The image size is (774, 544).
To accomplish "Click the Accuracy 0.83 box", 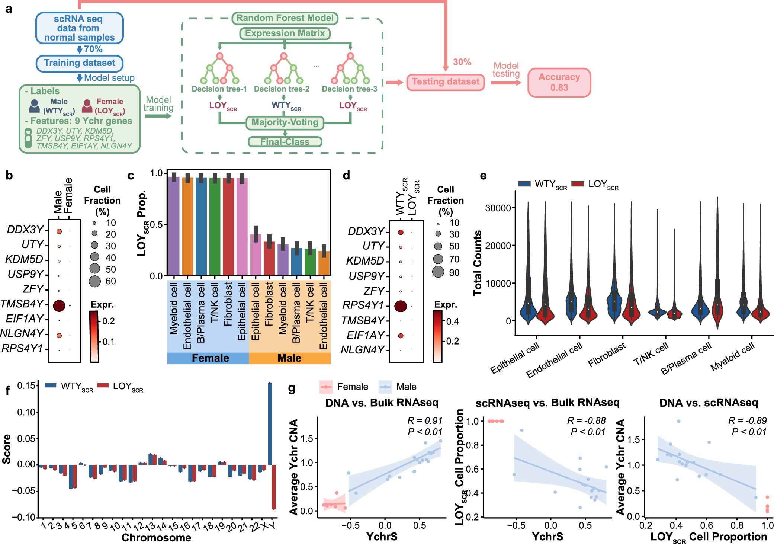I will tap(559, 83).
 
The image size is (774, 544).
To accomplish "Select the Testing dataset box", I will tap(445, 82).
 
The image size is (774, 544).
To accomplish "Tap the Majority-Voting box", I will tap(285, 122).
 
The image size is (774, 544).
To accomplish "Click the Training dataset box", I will tap(80, 63).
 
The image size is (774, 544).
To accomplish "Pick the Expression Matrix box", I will tap(285, 33).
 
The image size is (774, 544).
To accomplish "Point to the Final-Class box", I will tap(285, 142).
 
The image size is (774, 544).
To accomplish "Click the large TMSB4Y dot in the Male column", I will tap(59, 306).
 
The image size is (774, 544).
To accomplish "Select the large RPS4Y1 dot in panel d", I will tap(401, 306).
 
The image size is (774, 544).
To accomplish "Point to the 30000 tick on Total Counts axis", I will tap(498, 208).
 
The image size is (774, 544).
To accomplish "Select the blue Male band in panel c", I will tap(289, 358).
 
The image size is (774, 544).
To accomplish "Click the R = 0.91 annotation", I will tap(424, 421).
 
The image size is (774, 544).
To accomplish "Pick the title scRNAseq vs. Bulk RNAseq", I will tap(547, 403).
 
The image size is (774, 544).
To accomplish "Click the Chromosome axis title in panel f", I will tap(156, 538).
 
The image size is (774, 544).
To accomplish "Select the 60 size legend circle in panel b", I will tap(95, 281).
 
